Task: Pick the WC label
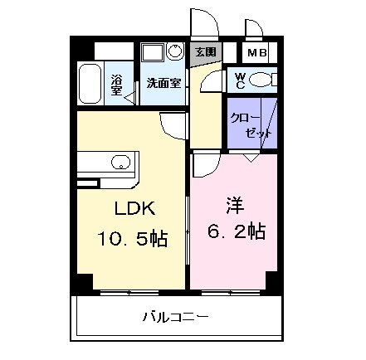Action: point(239,80)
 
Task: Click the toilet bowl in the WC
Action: point(263,80)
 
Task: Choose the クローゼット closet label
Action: point(250,125)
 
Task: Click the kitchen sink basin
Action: point(120,163)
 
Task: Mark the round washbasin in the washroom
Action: point(174,52)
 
